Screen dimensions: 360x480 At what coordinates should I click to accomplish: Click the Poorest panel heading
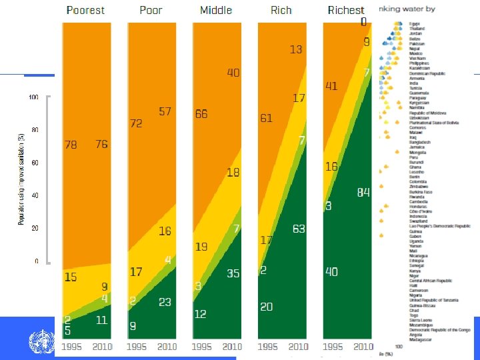pyautogui.click(x=85, y=10)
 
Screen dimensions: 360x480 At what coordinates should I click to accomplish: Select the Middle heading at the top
pyautogui.click(x=216, y=10)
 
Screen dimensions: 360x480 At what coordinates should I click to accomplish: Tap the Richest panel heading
pyautogui.click(x=346, y=10)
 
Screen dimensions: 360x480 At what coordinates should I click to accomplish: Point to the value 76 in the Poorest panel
pyautogui.click(x=101, y=145)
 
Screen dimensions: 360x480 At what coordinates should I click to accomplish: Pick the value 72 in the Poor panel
pyautogui.click(x=136, y=124)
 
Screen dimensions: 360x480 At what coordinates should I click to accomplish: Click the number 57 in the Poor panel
pyautogui.click(x=165, y=111)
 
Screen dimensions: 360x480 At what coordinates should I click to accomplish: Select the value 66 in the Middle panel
pyautogui.click(x=201, y=115)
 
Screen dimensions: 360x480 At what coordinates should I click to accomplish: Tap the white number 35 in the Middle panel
pyautogui.click(x=233, y=273)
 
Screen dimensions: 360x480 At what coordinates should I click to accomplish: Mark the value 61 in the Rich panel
pyautogui.click(x=266, y=119)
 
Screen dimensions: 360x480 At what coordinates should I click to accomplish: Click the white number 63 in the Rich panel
pyautogui.click(x=298, y=229)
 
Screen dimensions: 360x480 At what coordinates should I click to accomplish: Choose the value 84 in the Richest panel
pyautogui.click(x=363, y=193)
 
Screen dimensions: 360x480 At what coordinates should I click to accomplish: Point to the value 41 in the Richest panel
pyautogui.click(x=331, y=86)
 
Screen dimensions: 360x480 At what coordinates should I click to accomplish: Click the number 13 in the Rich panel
pyautogui.click(x=296, y=49)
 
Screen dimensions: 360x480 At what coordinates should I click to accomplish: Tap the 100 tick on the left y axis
pyautogui.click(x=33, y=97)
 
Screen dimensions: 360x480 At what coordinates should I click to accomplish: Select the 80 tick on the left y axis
pyautogui.click(x=34, y=130)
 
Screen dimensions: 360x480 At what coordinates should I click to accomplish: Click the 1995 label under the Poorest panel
pyautogui.click(x=73, y=347)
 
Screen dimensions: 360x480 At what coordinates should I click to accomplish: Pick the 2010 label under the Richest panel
pyautogui.click(x=363, y=347)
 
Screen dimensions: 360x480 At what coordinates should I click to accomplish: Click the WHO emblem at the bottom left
pyautogui.click(x=39, y=343)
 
